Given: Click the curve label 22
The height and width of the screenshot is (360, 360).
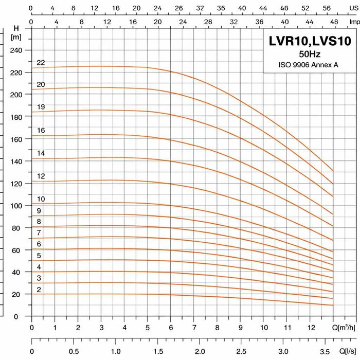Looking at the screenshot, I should [x=41, y=63].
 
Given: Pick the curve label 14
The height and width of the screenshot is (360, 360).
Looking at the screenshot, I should [x=41, y=153].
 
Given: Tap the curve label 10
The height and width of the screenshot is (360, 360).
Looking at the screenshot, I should [x=41, y=199].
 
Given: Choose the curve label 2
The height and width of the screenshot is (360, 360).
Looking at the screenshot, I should [x=39, y=290].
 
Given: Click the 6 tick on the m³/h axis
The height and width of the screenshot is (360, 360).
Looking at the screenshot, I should [x=171, y=328].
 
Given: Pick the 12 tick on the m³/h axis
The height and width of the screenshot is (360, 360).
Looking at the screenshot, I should [x=310, y=328].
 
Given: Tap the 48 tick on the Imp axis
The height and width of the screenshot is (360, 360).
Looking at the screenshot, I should [x=333, y=22].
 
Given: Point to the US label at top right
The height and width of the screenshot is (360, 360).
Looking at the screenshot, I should [x=352, y=8].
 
